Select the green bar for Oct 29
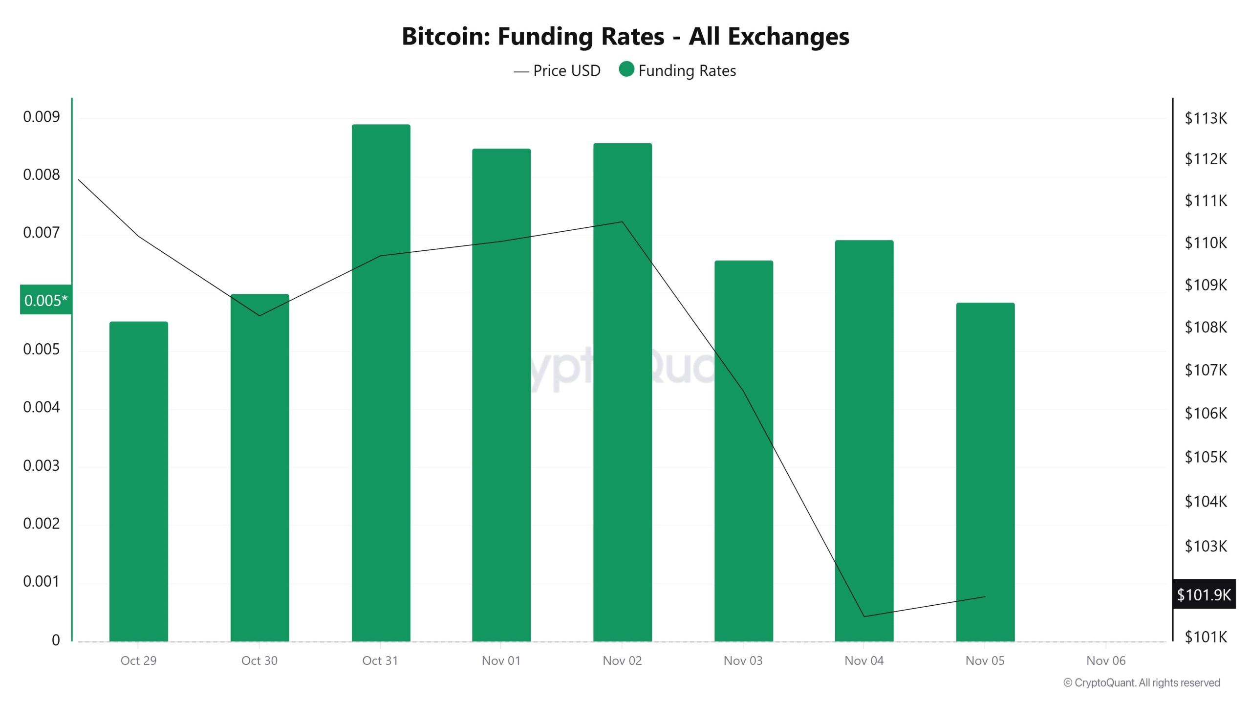(138, 481)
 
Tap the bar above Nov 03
(743, 450)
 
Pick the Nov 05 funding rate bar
(985, 472)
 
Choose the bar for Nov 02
(622, 392)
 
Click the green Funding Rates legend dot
(626, 69)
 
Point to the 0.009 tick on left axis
(42, 117)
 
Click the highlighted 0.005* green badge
(45, 300)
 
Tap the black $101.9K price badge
(1203, 594)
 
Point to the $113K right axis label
(1205, 118)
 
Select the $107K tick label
(1205, 370)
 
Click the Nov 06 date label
(1105, 660)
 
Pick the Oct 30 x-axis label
(259, 660)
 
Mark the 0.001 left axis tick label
(42, 581)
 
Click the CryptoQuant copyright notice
(1142, 682)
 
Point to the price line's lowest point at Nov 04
(864, 616)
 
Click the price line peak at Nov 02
(622, 222)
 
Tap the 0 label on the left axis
(56, 640)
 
